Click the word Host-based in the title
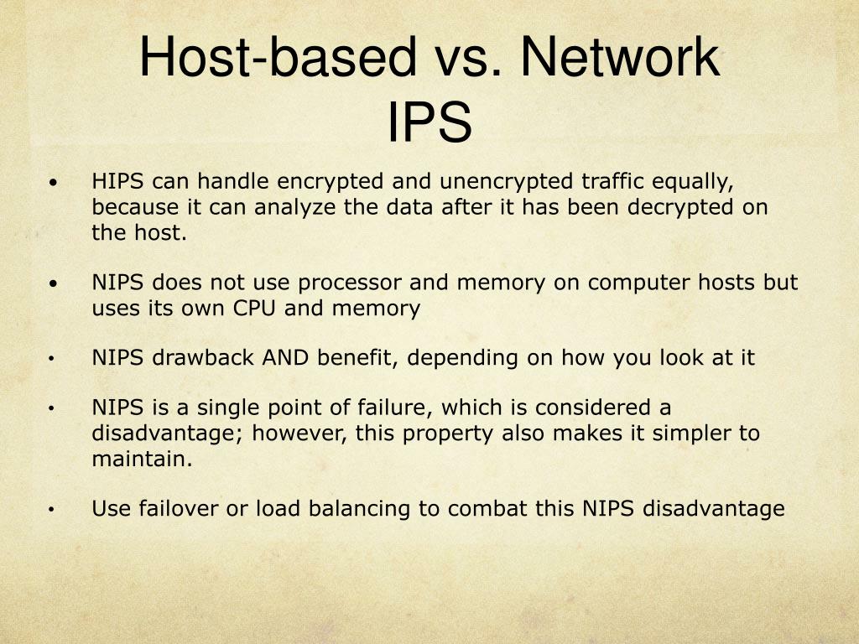[276, 58]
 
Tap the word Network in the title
[618, 58]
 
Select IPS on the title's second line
[429, 122]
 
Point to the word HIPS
[119, 181]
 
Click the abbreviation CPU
[254, 309]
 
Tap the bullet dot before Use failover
[52, 510]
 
